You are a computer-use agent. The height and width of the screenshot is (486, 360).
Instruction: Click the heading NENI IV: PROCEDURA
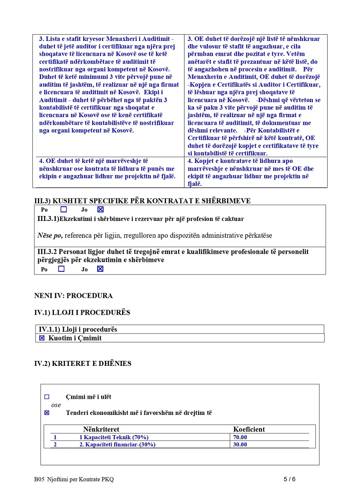tap(73, 296)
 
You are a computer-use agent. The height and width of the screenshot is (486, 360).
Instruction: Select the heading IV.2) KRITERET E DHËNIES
tap(83, 363)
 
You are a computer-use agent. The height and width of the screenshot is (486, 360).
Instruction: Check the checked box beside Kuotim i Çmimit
tap(42, 338)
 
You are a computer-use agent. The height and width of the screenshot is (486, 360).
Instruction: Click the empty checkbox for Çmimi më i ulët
tap(47, 397)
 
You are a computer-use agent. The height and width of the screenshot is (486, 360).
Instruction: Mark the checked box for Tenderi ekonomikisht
tap(47, 413)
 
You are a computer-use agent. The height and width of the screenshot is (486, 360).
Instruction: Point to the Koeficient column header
tap(249, 429)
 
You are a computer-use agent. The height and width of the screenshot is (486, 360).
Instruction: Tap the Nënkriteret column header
tap(101, 429)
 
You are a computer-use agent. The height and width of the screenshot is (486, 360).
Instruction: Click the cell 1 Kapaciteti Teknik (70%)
tap(114, 437)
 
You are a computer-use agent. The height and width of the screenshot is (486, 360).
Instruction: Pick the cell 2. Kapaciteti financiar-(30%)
tap(117, 445)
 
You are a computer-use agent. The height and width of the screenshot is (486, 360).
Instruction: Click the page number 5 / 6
tap(289, 479)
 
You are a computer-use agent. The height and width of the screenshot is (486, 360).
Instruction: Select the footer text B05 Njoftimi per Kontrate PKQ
tap(74, 479)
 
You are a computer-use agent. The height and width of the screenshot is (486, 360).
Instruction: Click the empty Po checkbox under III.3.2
tap(62, 269)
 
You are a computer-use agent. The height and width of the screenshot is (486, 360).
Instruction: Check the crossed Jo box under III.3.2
tap(100, 269)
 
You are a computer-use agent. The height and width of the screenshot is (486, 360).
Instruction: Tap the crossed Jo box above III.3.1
tap(100, 209)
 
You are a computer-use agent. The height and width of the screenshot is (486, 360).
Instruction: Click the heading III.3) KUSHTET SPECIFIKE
tap(142, 201)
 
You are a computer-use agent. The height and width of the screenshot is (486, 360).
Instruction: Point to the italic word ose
tap(56, 405)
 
